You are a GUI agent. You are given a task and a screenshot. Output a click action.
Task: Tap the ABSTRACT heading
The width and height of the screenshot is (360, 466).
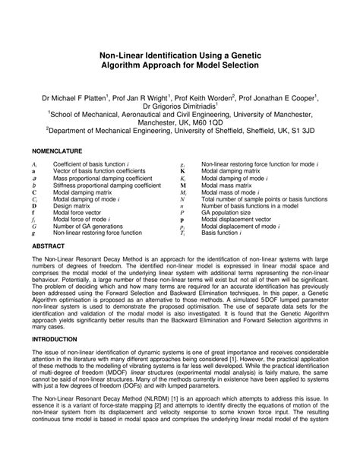click(x=49, y=247)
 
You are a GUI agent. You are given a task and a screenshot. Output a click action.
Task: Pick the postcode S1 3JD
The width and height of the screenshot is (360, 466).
click(x=302, y=130)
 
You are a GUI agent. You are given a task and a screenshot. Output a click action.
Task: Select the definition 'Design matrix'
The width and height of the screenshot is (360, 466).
click(x=73, y=206)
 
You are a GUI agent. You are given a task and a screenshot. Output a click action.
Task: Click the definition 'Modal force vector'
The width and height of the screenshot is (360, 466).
click(x=80, y=213)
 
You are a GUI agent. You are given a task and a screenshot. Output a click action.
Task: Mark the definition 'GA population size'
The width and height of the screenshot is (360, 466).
click(x=232, y=213)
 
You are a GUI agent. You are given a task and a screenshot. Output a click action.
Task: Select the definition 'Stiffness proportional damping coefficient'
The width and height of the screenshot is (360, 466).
click(x=106, y=185)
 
